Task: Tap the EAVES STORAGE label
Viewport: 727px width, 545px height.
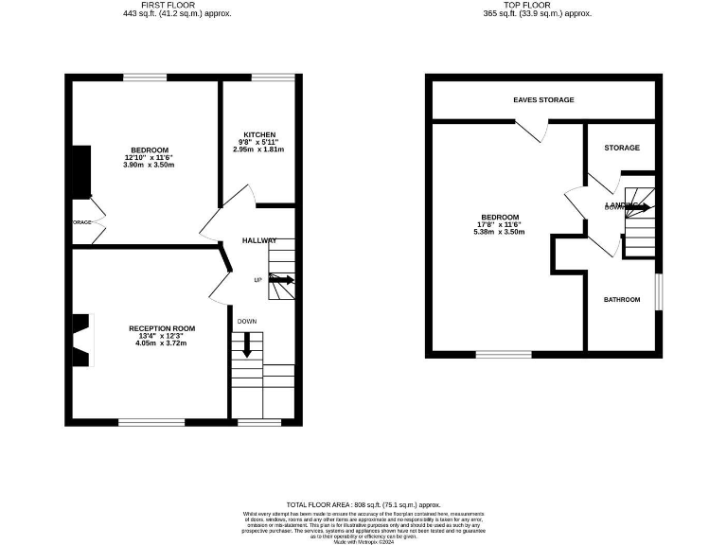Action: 543,99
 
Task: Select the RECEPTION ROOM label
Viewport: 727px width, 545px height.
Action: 155,328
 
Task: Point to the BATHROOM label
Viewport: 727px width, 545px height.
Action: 622,300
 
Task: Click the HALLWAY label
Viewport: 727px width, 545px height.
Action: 259,240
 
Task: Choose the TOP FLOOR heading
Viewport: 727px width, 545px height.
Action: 537,5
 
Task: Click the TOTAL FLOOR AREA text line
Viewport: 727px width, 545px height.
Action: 363,505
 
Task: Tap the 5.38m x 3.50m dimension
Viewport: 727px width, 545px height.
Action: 499,232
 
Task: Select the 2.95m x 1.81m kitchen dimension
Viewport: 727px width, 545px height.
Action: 258,149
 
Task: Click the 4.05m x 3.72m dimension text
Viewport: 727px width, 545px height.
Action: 155,343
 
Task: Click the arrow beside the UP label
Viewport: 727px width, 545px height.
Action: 281,279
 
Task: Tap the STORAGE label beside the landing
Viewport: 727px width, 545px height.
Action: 622,148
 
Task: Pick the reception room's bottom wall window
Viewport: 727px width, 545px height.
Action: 151,421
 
